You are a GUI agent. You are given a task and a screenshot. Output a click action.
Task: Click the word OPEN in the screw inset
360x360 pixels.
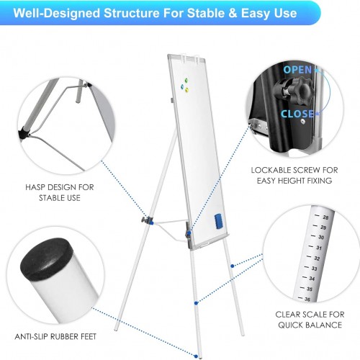pyautogui.click(x=297, y=70)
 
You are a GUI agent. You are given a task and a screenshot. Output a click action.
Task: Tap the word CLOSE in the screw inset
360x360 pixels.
pyautogui.click(x=297, y=114)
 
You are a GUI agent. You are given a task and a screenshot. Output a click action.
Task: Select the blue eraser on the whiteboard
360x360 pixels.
pyautogui.click(x=218, y=221)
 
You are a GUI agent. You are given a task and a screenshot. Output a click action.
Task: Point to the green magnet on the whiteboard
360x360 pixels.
pyautogui.click(x=186, y=81)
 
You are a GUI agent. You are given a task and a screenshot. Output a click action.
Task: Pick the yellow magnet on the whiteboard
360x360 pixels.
pyautogui.click(x=186, y=90)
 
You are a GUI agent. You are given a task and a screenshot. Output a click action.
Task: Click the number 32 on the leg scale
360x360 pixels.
pyautogui.click(x=317, y=258)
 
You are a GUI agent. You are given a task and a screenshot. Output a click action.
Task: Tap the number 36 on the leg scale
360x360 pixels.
pyautogui.click(x=307, y=300)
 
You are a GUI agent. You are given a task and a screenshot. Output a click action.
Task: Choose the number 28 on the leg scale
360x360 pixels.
pyautogui.click(x=325, y=217)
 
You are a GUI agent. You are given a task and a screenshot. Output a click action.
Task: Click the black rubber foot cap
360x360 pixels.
pyautogui.click(x=47, y=258)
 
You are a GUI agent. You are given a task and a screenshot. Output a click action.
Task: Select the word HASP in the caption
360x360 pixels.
pyautogui.click(x=35, y=187)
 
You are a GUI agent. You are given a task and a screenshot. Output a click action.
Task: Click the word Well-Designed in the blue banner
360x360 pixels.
pyautogui.click(x=57, y=13)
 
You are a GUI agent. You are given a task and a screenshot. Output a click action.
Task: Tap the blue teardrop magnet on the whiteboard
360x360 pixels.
pyautogui.click(x=182, y=86)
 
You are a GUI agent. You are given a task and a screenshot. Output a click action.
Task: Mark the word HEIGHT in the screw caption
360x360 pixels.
pyautogui.click(x=292, y=181)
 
